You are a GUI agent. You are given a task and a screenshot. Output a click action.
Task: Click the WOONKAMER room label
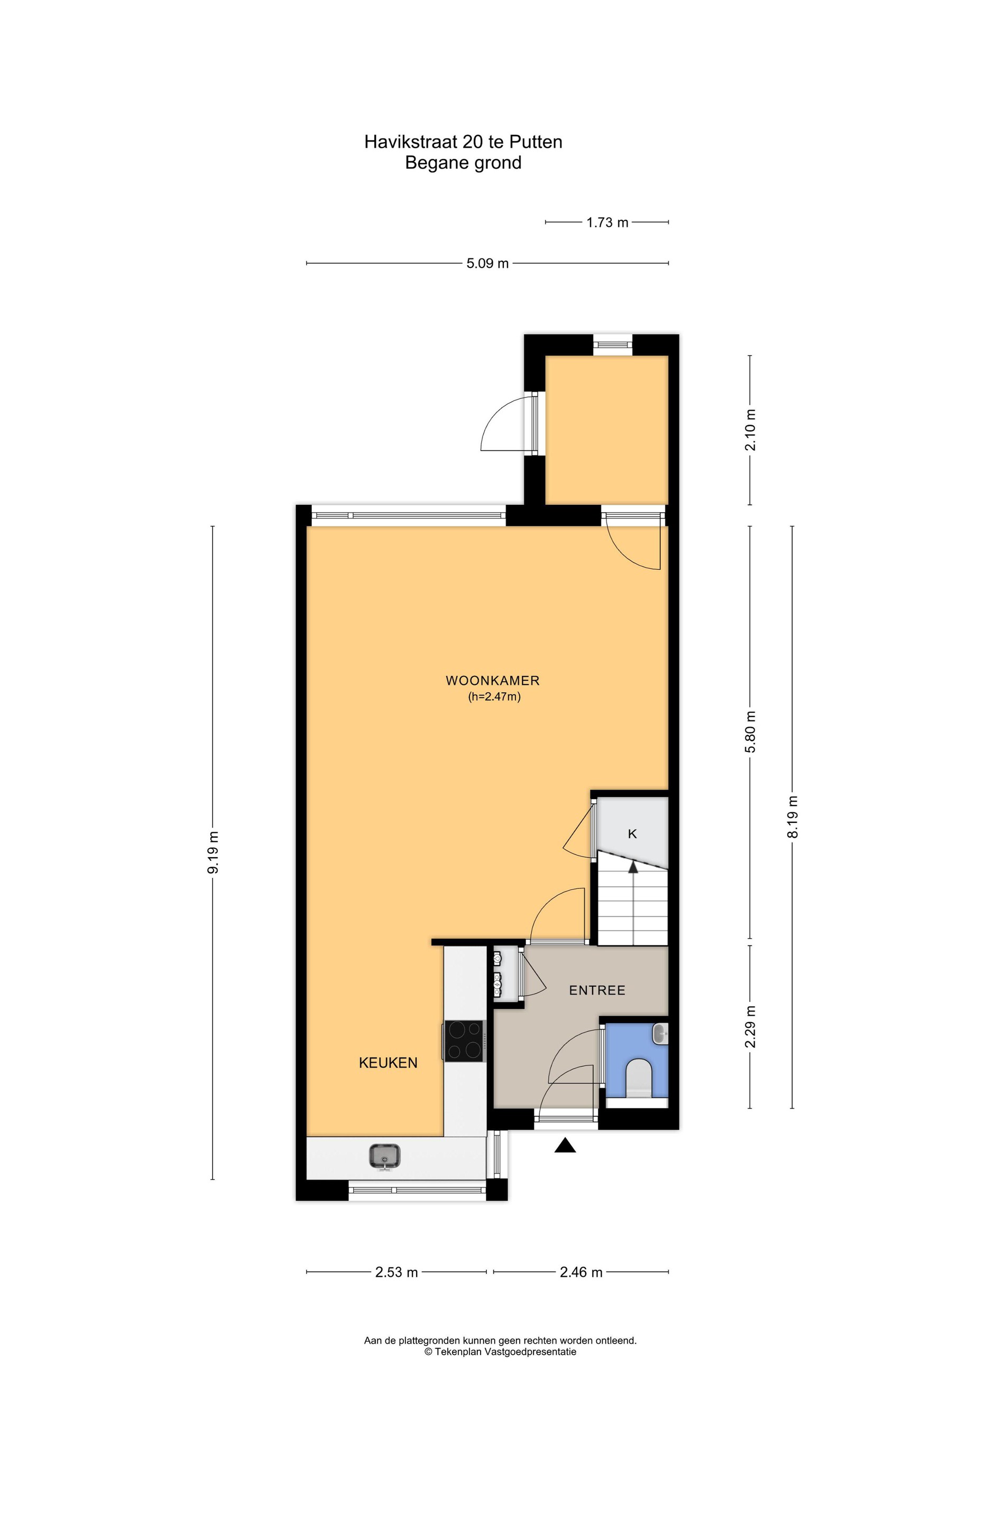tap(492, 680)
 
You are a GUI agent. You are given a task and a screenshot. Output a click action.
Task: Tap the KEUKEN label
tap(388, 1063)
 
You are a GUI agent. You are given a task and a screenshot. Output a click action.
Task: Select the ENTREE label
tap(597, 990)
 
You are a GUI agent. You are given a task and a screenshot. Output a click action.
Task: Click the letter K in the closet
tap(632, 834)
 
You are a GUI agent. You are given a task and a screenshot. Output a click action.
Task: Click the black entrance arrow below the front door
tap(565, 1145)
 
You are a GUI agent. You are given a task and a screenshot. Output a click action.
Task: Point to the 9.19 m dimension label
tap(214, 852)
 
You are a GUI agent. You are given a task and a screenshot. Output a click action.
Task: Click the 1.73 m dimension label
tap(607, 222)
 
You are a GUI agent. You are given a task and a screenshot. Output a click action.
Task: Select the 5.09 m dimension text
tap(487, 263)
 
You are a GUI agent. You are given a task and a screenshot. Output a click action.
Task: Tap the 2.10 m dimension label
tap(750, 430)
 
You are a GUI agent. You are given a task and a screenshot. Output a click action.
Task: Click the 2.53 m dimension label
tap(396, 1272)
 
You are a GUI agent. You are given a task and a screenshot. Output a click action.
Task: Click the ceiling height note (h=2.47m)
tap(494, 697)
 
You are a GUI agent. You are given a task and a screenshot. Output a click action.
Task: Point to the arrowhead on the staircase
tap(633, 867)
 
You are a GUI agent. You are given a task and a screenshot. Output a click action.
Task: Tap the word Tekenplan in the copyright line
tap(456, 1352)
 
